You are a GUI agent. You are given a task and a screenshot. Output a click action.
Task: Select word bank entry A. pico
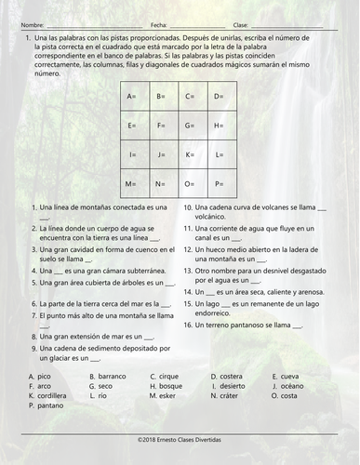[x=39, y=376]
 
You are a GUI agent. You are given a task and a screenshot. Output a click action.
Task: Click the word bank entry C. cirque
[x=165, y=376]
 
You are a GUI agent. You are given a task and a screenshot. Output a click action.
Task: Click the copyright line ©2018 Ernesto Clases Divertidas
[x=180, y=436]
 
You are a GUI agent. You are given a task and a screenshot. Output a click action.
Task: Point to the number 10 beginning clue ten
[x=187, y=207]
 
